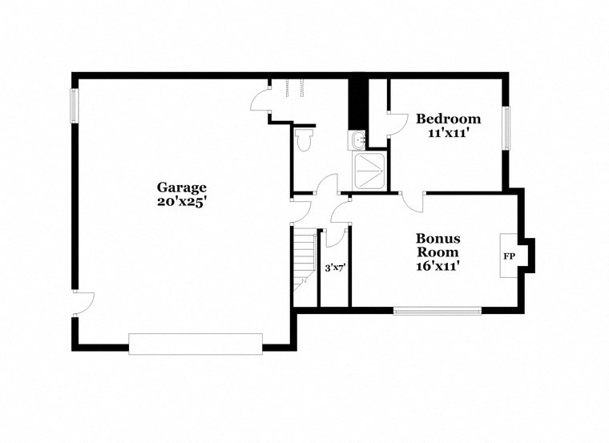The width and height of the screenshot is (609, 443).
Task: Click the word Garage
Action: click(x=182, y=187)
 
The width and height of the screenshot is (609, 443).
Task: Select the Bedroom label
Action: click(x=448, y=119)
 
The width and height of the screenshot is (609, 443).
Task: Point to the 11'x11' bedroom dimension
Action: click(x=448, y=134)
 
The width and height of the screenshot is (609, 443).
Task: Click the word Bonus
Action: click(x=438, y=238)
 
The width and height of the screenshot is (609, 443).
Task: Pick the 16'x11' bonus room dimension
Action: click(x=438, y=266)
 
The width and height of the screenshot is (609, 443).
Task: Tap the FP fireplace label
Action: click(x=508, y=257)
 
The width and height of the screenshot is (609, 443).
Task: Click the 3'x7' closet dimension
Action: click(x=334, y=268)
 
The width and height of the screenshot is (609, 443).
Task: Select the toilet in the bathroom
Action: click(x=303, y=140)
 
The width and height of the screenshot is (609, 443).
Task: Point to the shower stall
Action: click(x=370, y=171)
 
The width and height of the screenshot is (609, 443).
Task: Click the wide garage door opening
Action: click(x=196, y=344)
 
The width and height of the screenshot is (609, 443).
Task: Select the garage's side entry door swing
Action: click(x=84, y=301)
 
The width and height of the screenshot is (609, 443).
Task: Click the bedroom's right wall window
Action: click(x=506, y=127)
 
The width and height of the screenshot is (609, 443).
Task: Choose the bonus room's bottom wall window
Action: click(x=437, y=310)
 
